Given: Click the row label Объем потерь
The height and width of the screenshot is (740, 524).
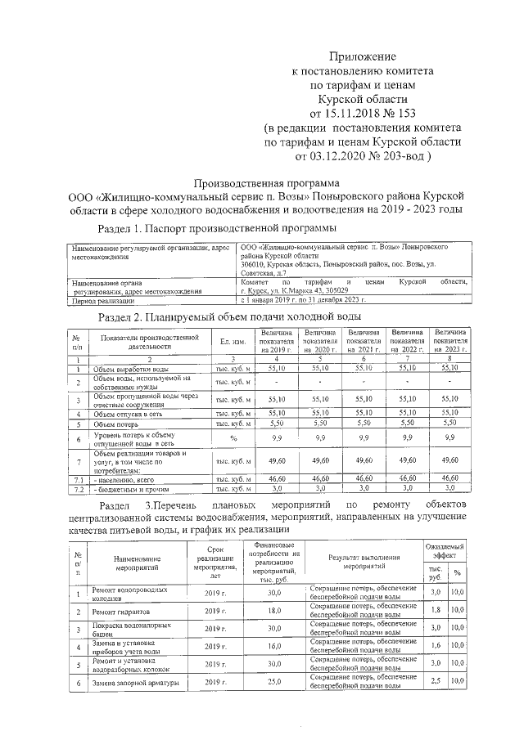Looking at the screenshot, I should point(115,424).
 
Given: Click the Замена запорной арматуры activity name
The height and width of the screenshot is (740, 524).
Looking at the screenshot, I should point(131,681).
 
